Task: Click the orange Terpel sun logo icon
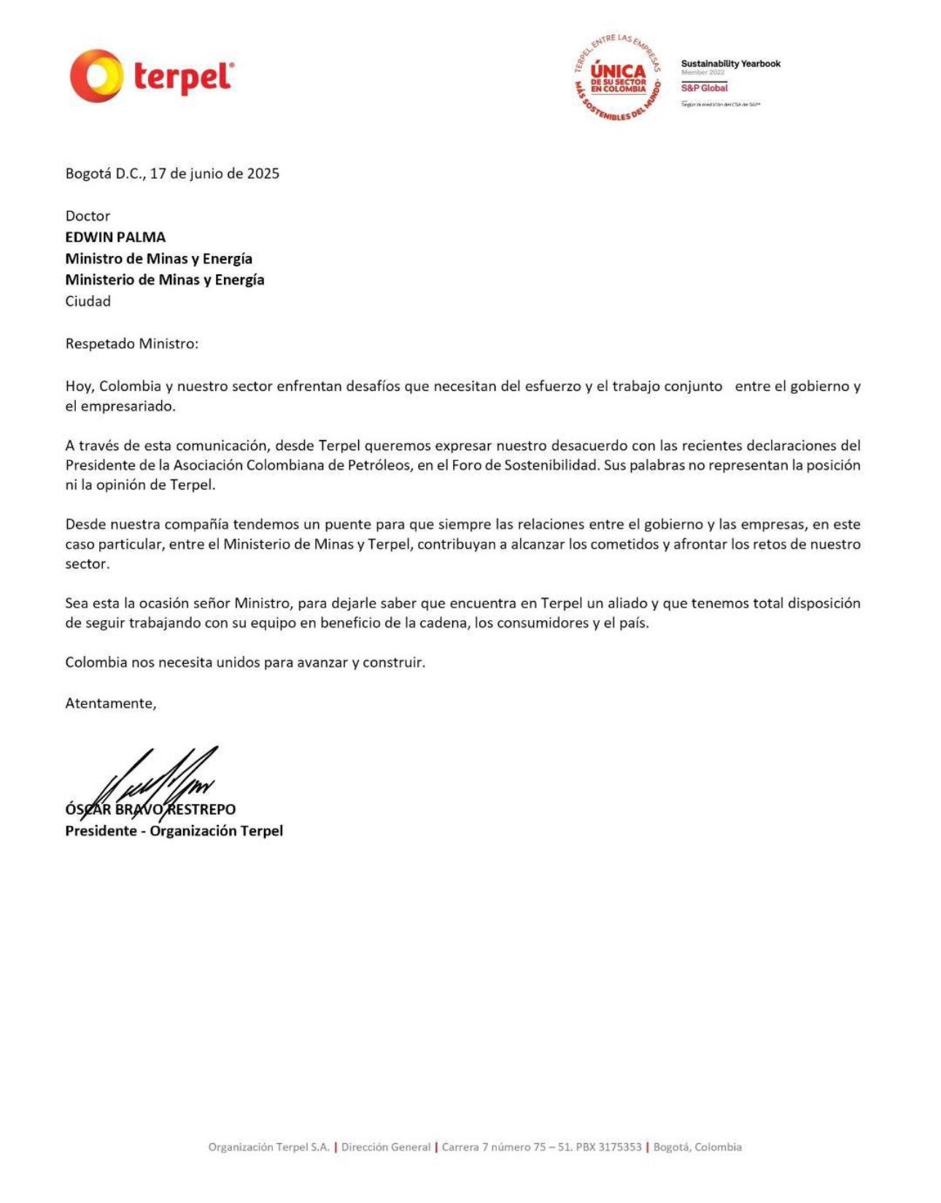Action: point(96,76)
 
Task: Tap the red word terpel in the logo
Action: point(183,77)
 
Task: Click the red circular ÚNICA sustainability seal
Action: point(618,77)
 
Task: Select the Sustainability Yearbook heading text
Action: point(730,63)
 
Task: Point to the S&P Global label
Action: point(704,88)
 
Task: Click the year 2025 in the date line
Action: point(263,174)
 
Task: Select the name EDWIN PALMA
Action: point(115,237)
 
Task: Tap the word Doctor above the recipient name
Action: point(88,216)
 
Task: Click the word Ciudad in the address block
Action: point(88,301)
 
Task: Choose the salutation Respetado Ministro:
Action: point(131,344)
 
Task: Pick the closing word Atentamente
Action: point(110,703)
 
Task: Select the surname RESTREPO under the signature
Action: point(202,810)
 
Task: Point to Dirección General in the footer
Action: point(386,1147)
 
